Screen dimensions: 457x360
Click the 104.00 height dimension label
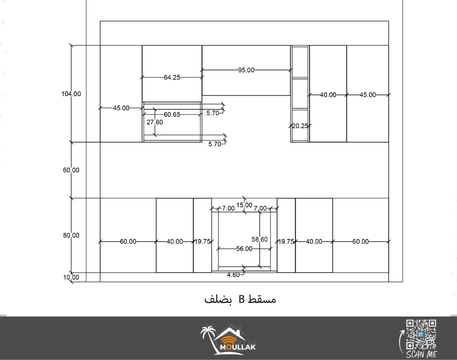tap(71, 94)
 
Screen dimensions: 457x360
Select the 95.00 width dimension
tap(246, 70)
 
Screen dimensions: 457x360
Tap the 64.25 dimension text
tap(172, 78)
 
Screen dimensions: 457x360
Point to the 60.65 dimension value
tap(172, 115)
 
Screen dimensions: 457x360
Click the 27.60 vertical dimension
tap(155, 122)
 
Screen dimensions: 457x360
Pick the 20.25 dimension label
tap(300, 126)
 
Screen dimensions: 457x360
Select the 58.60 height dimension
tap(260, 239)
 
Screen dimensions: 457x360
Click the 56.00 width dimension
tap(244, 249)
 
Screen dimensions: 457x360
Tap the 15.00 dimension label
tap(244, 205)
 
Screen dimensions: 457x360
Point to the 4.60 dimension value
tap(234, 275)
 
